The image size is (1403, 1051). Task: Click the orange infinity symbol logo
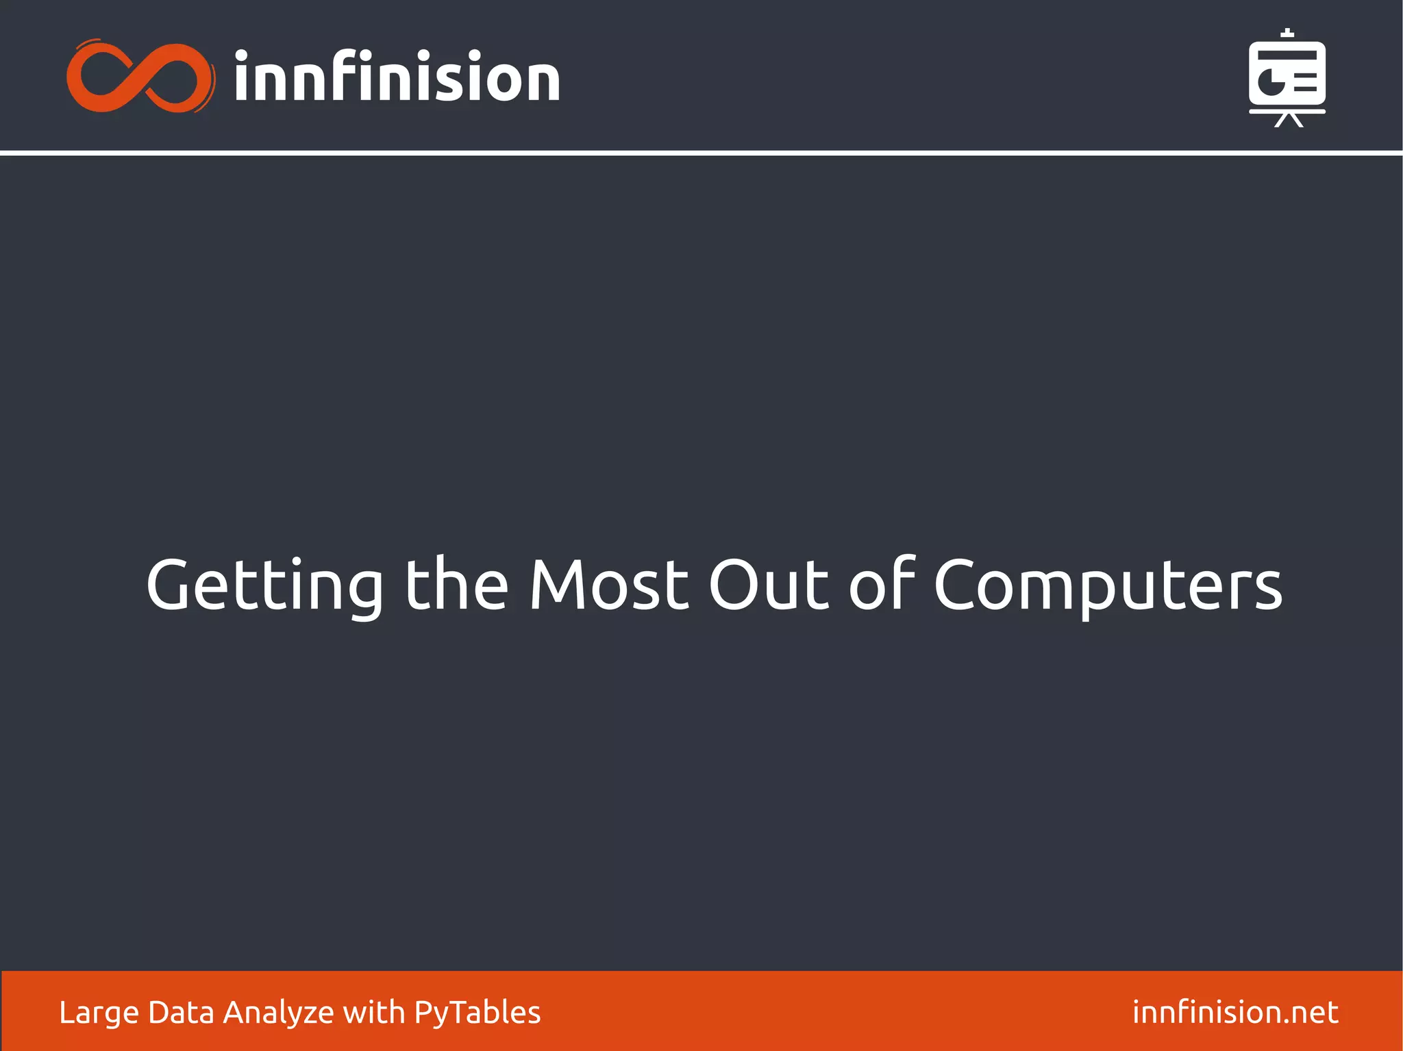(140, 77)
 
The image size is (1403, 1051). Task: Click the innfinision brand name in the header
(397, 77)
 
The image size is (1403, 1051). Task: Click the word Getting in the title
(265, 586)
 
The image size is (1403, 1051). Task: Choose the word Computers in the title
(1108, 586)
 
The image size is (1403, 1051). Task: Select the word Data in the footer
(181, 1012)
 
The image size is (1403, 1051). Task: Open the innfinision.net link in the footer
(1235, 1012)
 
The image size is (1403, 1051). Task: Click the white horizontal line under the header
(701, 153)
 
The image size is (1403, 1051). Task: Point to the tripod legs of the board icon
(1288, 121)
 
